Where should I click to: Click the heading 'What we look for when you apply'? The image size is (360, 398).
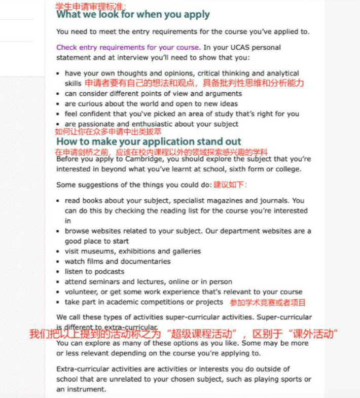pos(133,14)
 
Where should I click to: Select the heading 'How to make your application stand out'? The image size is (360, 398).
pos(149,141)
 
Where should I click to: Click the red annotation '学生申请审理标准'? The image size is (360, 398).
pos(91,6)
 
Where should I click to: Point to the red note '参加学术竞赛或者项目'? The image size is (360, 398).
pos(268,302)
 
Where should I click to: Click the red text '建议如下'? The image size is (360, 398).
pos(230,185)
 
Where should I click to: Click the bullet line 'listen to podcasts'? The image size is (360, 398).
pos(94,272)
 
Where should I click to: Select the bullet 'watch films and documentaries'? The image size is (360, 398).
pos(117,262)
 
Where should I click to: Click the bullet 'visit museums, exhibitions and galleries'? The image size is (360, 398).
pos(132,251)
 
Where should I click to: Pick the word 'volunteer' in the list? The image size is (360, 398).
pos(80,292)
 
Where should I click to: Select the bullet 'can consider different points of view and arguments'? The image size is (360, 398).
pos(153,93)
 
